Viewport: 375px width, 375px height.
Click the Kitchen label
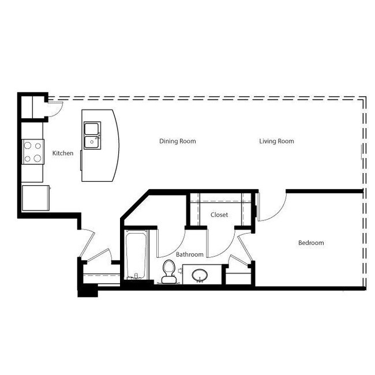point(63,153)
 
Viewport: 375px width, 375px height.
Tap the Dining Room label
point(178,141)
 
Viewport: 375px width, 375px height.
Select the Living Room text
point(276,141)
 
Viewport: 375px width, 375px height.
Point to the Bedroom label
point(311,243)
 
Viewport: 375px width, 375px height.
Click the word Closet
point(219,215)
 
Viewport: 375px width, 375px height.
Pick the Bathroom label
point(190,254)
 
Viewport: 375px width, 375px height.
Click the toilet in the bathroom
point(168,272)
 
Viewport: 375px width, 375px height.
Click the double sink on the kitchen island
point(92,136)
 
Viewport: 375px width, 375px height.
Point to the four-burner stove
point(33,152)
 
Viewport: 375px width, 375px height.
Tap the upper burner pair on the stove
point(33,146)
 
